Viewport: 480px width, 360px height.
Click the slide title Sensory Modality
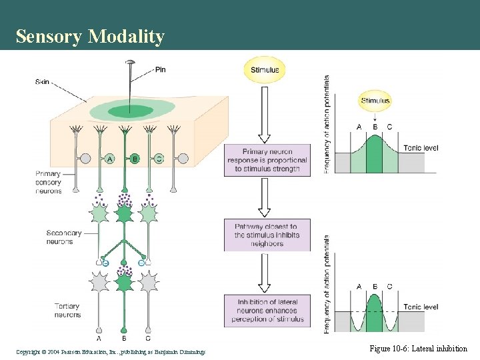click(x=90, y=37)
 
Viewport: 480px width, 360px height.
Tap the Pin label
click(x=160, y=69)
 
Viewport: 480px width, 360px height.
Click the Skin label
click(x=43, y=82)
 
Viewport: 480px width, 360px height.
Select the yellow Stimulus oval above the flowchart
click(x=265, y=70)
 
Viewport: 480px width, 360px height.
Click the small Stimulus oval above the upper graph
click(x=375, y=101)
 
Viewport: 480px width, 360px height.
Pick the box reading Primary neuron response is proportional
click(x=267, y=160)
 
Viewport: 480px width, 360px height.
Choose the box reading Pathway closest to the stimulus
click(x=267, y=235)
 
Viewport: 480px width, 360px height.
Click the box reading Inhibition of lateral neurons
click(x=267, y=311)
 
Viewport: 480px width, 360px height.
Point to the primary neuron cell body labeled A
click(x=109, y=159)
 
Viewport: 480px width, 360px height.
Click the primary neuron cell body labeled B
click(x=134, y=159)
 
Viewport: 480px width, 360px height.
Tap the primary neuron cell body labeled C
click(x=159, y=159)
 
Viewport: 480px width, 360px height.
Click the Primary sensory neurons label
click(x=48, y=182)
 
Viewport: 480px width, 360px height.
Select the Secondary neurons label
click(x=64, y=237)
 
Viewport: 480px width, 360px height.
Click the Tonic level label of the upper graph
click(x=421, y=148)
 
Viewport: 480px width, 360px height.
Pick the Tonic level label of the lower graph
click(x=421, y=307)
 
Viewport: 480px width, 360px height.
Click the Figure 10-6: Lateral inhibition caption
click(x=418, y=349)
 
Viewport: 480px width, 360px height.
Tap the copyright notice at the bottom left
click(x=111, y=351)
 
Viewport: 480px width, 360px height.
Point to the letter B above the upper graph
click(x=375, y=127)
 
